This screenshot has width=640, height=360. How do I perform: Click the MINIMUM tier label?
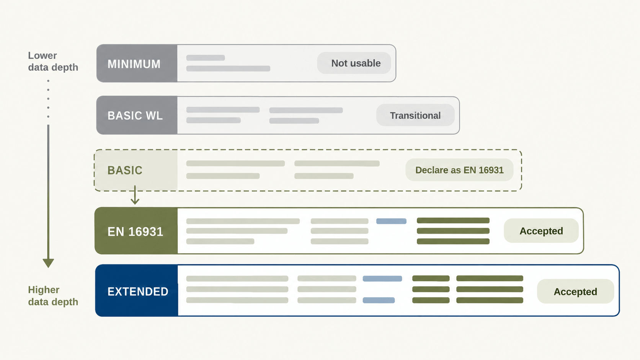coord(134,64)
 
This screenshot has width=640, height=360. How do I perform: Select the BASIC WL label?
coord(135,116)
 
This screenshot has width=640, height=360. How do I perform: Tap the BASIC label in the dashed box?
coord(125,170)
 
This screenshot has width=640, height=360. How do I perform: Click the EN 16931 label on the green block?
coord(135,231)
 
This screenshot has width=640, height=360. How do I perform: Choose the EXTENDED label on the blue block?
coord(138,292)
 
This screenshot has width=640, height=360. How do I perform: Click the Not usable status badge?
coord(354,63)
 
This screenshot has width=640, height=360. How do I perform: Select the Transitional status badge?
coord(415,115)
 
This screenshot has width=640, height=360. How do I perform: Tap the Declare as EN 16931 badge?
coord(459,170)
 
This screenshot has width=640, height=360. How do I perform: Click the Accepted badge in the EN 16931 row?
coord(541,231)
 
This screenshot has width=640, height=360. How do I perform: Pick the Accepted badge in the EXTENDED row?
coord(575,291)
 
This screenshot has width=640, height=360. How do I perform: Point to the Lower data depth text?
coord(53,61)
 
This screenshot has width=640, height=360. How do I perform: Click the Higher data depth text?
coord(53,296)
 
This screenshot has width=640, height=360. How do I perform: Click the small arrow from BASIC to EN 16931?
coord(135,195)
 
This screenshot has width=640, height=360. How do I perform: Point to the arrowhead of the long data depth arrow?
coord(48,263)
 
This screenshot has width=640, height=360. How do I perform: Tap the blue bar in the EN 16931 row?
coord(391,221)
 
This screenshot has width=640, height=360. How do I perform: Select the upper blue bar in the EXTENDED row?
coord(382,279)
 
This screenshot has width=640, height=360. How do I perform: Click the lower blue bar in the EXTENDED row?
coord(379,300)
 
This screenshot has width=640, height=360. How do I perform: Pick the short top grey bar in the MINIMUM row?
coord(206,58)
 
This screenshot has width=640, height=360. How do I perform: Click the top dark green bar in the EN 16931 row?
coord(453,220)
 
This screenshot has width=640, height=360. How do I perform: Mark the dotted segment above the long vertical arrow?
coord(48,99)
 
